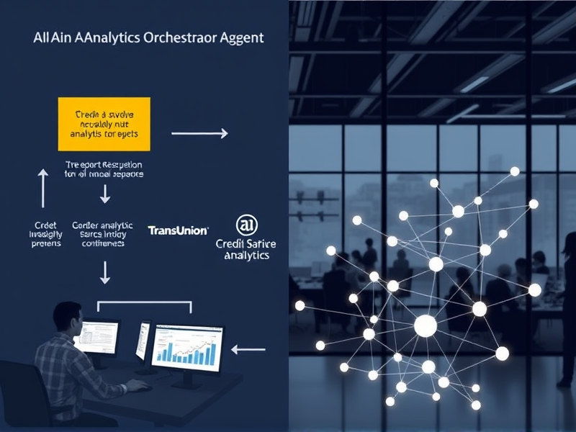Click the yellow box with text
pyautogui.click(x=103, y=124)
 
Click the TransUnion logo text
pyautogui.click(x=178, y=230)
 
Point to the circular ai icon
pyautogui.click(x=247, y=225)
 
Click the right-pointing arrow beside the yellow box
pyautogui.click(x=199, y=132)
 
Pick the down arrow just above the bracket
pyautogui.click(x=105, y=272)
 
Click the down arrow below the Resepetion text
pyautogui.click(x=105, y=193)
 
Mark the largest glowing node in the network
pyautogui.click(x=425, y=327)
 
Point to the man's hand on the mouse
pyautogui.click(x=138, y=386)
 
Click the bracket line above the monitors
pyautogui.click(x=144, y=303)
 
